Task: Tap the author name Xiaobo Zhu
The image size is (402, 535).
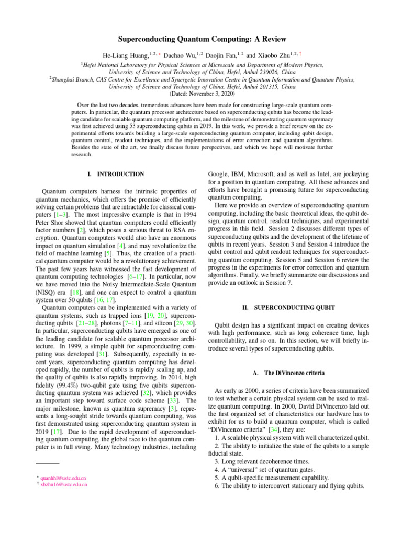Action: pos(277,55)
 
